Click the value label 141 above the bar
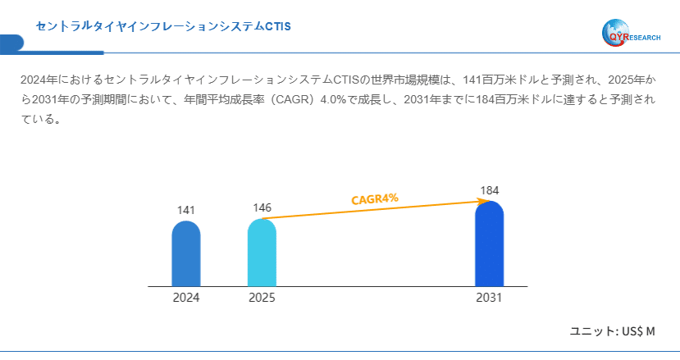(x=186, y=211)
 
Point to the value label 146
(x=262, y=207)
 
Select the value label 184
(x=489, y=191)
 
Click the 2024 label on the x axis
(x=186, y=298)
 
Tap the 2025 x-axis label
(x=262, y=298)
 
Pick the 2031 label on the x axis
(x=489, y=298)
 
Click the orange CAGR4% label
(x=375, y=198)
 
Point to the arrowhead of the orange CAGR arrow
(x=475, y=202)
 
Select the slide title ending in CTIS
(x=163, y=26)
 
